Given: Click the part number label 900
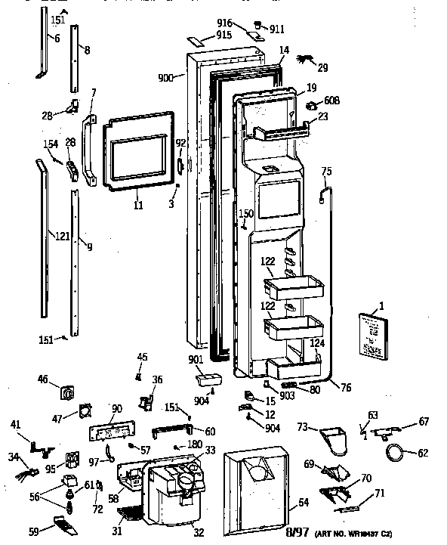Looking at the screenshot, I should click(166, 78).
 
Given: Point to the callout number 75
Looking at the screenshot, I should click(327, 170).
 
